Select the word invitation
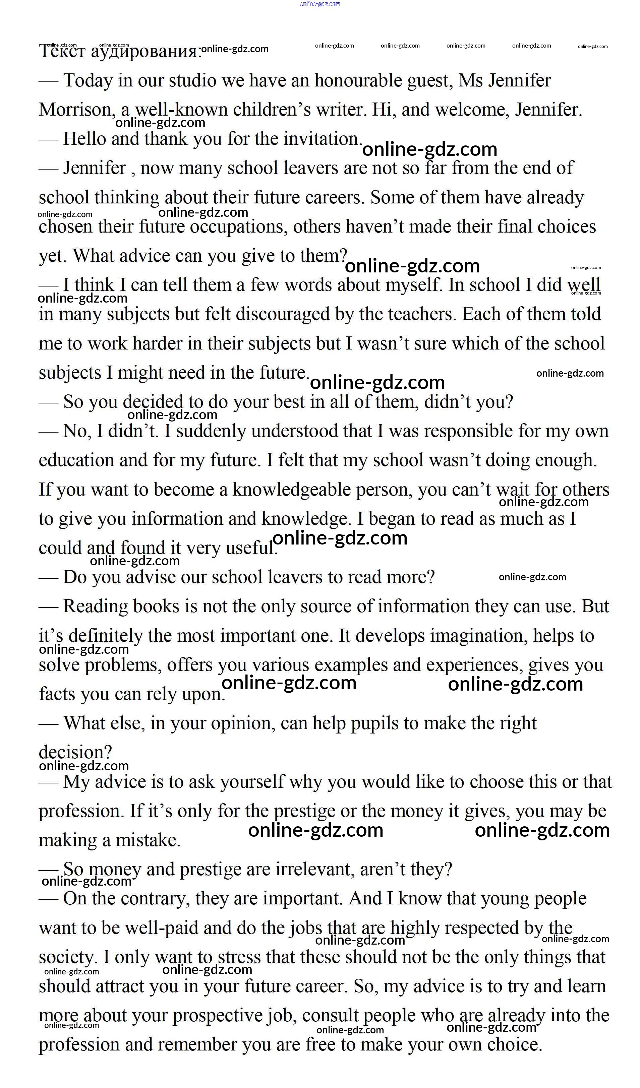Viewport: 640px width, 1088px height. [x=322, y=139]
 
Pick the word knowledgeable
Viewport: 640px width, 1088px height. [x=291, y=490]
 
